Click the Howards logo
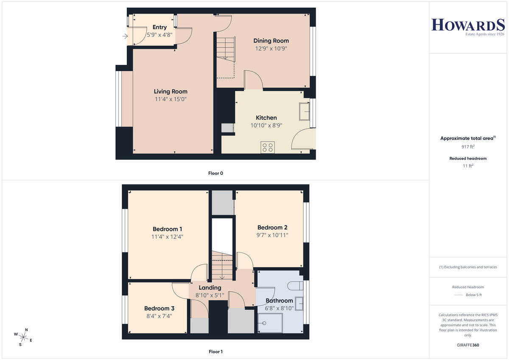(x=468, y=27)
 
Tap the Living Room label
(x=171, y=92)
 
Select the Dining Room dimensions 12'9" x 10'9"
(x=271, y=49)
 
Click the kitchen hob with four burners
(x=268, y=147)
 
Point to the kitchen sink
(x=304, y=112)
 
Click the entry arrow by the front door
(x=125, y=36)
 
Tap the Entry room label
(x=159, y=27)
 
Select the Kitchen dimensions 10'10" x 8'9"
(x=266, y=126)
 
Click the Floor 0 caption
(x=215, y=173)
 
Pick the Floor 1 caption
(x=215, y=352)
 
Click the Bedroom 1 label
(x=167, y=229)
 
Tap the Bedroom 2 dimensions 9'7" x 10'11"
(x=272, y=235)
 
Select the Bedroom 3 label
(x=159, y=308)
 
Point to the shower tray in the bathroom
(x=270, y=323)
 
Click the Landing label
(x=210, y=288)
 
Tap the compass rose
(x=23, y=337)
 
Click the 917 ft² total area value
(x=468, y=147)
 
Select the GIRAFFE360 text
(x=468, y=345)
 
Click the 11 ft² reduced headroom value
(x=468, y=166)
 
